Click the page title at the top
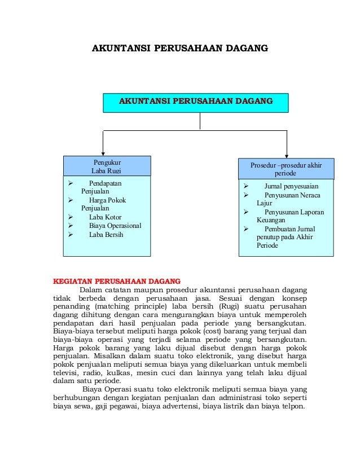pos(179,49)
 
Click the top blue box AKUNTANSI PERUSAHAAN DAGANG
pos(195,102)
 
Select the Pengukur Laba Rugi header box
pos(107,166)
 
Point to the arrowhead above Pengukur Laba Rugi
pos(103,152)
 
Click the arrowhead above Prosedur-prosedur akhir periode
pos(287,155)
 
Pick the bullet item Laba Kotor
pos(105,217)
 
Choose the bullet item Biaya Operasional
pos(115,226)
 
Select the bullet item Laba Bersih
pos(106,235)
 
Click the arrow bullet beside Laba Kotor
pos(70,217)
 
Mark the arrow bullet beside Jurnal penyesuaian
pos(245,186)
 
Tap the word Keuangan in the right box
pos(271,220)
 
